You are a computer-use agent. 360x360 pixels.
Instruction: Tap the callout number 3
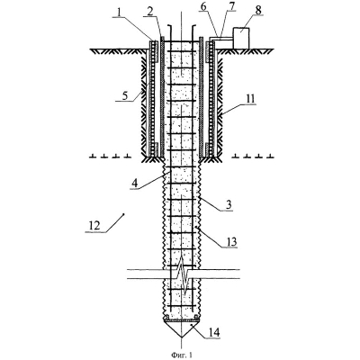(229, 204)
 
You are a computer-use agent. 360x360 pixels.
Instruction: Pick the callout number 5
(125, 95)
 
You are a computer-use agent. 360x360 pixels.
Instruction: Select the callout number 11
(250, 98)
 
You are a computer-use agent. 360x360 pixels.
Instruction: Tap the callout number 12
(94, 225)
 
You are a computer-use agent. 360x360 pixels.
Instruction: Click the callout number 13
(231, 241)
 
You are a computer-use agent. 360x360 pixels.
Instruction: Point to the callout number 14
(214, 332)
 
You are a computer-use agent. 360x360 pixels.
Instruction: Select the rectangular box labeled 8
(241, 37)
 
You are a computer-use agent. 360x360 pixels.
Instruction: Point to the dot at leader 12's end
(124, 214)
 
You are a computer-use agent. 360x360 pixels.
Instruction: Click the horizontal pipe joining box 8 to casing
(220, 39)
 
